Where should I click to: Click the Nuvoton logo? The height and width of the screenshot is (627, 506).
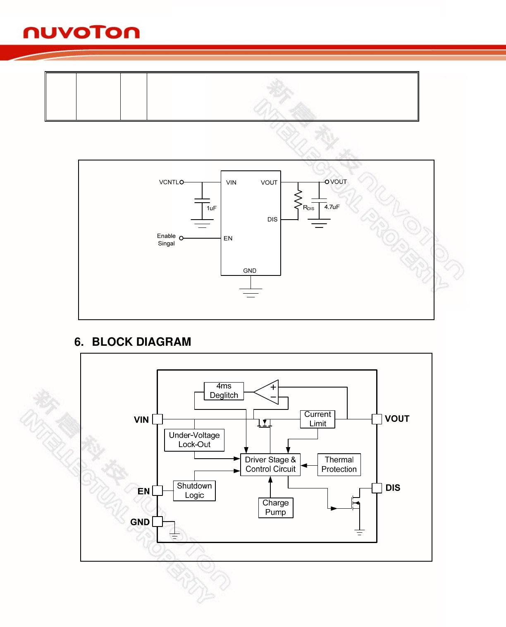click(81, 33)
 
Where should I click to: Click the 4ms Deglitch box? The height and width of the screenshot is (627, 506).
click(224, 391)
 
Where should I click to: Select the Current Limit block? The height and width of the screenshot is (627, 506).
click(317, 419)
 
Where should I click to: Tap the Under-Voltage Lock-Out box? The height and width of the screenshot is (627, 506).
click(194, 440)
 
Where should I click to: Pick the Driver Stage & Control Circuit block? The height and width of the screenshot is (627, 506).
click(270, 464)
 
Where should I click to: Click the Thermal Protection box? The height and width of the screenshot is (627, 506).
click(339, 464)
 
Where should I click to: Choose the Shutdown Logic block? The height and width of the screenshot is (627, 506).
click(194, 491)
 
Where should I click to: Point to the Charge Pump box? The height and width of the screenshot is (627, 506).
click(275, 507)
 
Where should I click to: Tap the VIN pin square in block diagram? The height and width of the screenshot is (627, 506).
click(158, 419)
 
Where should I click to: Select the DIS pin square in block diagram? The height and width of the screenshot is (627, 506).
click(377, 488)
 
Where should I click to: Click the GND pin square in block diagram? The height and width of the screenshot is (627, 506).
click(158, 522)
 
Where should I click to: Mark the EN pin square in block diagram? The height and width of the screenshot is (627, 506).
click(158, 491)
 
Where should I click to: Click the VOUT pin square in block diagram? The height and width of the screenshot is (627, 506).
click(377, 419)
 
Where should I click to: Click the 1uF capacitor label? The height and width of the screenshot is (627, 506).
click(212, 208)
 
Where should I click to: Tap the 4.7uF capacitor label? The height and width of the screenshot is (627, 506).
click(332, 207)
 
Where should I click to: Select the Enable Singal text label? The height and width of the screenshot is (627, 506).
click(166, 239)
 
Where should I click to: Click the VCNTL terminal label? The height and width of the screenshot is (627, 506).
click(169, 182)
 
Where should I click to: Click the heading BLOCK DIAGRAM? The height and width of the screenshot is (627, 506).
click(141, 342)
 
